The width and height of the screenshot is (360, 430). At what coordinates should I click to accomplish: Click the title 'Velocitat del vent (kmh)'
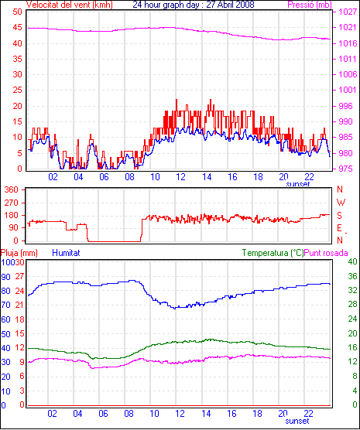pyautogui.click(x=70, y=5)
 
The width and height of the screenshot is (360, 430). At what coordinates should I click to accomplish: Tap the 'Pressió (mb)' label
pyautogui.click(x=310, y=5)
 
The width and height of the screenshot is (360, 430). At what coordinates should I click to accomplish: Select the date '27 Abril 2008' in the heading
pyautogui.click(x=230, y=5)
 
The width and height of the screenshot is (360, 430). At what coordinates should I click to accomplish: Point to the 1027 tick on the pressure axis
pyautogui.click(x=348, y=12)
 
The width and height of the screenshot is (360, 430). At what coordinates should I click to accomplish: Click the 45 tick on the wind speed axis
pyautogui.click(x=18, y=28)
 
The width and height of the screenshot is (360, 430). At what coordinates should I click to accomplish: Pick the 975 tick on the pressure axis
pyautogui.click(x=345, y=169)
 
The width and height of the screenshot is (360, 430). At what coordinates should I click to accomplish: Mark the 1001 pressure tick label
pyautogui.click(x=348, y=90)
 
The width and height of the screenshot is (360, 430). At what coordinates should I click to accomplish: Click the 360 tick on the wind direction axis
pyautogui.click(x=12, y=189)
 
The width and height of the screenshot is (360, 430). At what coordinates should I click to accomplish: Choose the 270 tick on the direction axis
pyautogui.click(x=12, y=203)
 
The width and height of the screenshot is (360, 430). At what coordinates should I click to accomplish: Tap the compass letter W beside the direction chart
pyautogui.click(x=341, y=203)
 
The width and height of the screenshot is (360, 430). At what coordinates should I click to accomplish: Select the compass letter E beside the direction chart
pyautogui.click(x=339, y=228)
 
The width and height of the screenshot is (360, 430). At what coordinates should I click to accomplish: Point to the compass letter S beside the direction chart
pyautogui.click(x=340, y=216)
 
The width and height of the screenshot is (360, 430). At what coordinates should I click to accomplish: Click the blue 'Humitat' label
pyautogui.click(x=66, y=253)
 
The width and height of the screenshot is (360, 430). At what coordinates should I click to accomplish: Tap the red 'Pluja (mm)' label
pyautogui.click(x=19, y=253)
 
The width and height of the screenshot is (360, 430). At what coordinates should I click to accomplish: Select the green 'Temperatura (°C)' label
pyautogui.click(x=273, y=253)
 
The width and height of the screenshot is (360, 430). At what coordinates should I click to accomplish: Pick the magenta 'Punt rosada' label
pyautogui.click(x=326, y=253)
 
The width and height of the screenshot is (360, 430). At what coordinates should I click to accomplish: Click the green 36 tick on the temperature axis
pyautogui.click(x=352, y=276)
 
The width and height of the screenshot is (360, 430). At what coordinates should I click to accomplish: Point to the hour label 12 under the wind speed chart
pyautogui.click(x=180, y=177)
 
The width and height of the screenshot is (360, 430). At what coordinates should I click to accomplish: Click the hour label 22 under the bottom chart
pyautogui.click(x=309, y=413)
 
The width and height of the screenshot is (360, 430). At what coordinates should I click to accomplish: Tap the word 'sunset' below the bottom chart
pyautogui.click(x=297, y=421)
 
